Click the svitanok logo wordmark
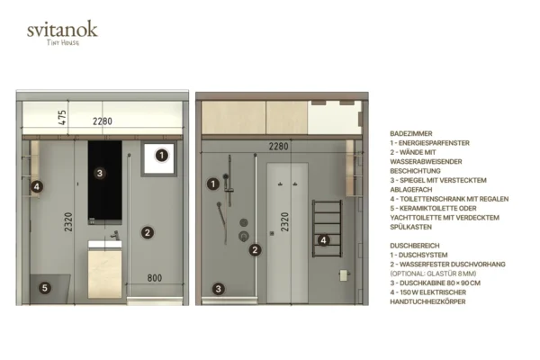click(x=62, y=30)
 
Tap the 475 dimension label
click(x=62, y=118)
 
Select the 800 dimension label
click(x=155, y=278)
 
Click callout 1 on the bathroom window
click(x=162, y=155)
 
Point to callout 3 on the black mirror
click(x=100, y=173)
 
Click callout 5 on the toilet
click(x=45, y=288)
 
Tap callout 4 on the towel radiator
click(x=323, y=240)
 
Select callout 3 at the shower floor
click(x=218, y=289)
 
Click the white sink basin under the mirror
click(x=105, y=244)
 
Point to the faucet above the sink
click(x=115, y=235)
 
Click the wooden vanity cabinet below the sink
click(x=105, y=274)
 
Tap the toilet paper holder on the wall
click(x=344, y=275)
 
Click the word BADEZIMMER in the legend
click(x=411, y=134)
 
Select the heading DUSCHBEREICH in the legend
click(x=415, y=246)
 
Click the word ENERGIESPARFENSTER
click(x=434, y=143)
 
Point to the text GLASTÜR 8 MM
click(x=451, y=274)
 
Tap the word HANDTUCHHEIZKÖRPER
click(x=427, y=301)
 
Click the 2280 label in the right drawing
click(x=278, y=147)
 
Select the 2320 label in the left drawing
click(x=68, y=222)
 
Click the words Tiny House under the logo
click(x=63, y=42)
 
